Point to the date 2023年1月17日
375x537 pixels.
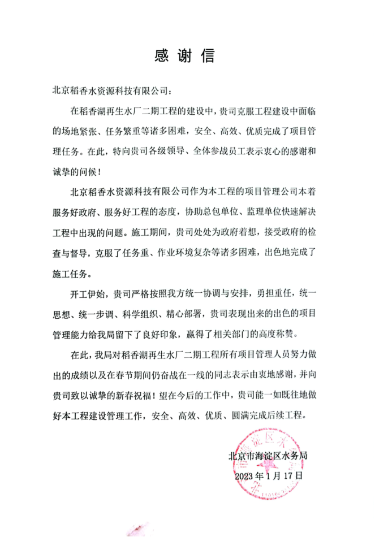tap(269, 475)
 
